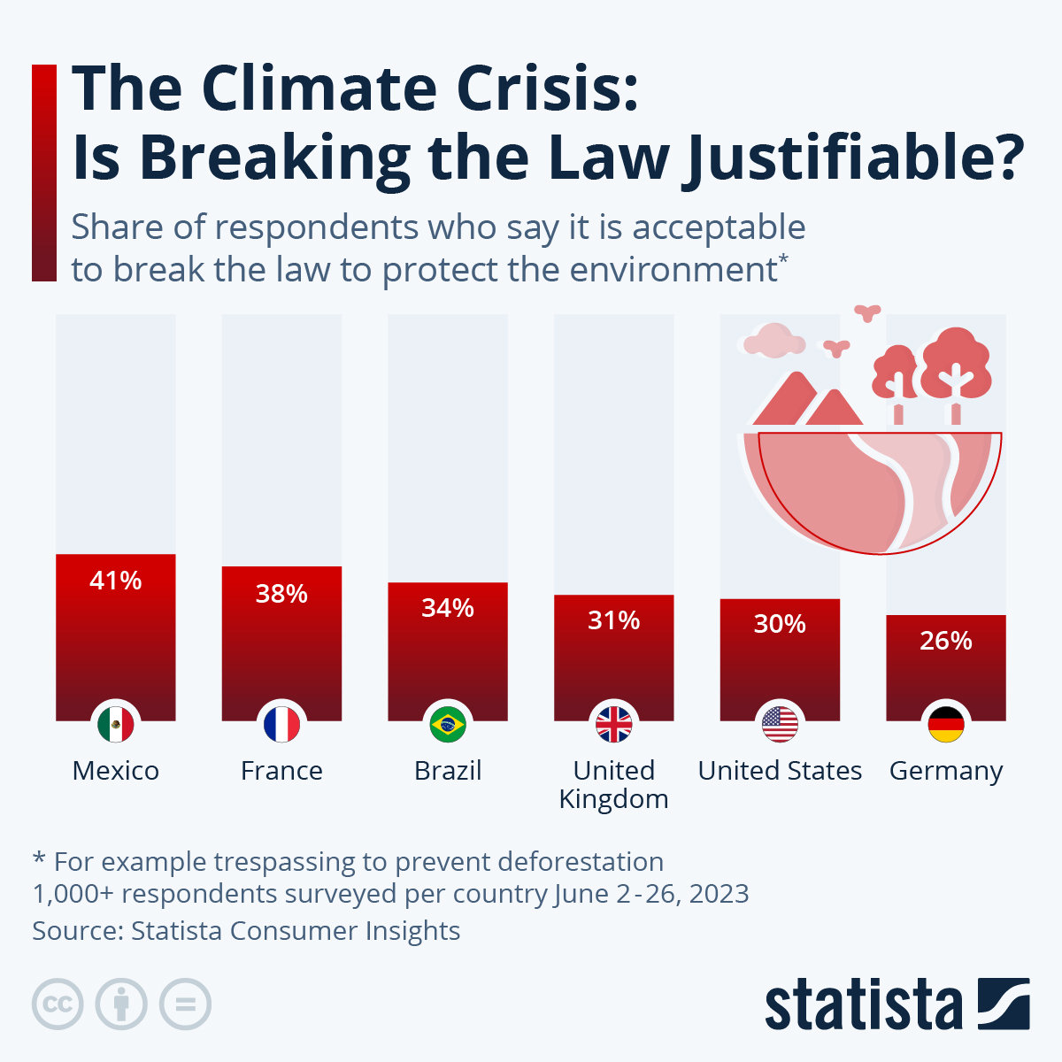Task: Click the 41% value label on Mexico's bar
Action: pos(116,581)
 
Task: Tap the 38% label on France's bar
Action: pos(281,593)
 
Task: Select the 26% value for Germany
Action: pos(946,640)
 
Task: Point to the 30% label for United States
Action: pos(780,624)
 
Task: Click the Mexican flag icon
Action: pos(116,725)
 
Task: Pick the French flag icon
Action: pos(281,725)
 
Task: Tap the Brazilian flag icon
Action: pos(448,725)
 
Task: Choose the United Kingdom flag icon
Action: pos(614,725)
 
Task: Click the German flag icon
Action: pos(946,725)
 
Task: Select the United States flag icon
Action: pos(780,725)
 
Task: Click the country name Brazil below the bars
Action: pos(448,771)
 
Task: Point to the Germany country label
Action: pos(946,772)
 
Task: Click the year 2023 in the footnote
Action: pos(718,893)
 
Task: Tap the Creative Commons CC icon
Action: pos(58,1004)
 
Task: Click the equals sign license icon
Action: pos(186,1004)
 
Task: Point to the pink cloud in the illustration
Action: pos(773,341)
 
